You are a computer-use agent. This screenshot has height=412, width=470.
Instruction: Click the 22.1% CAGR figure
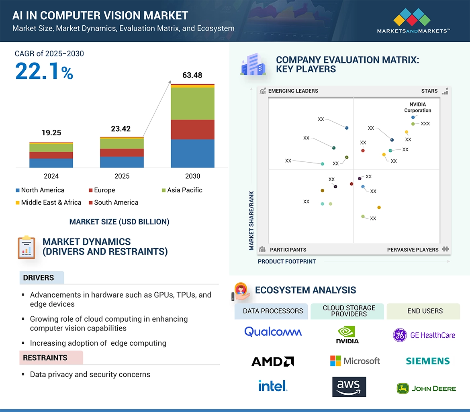click(x=44, y=71)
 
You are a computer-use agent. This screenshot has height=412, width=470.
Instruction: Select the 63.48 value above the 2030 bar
click(x=192, y=75)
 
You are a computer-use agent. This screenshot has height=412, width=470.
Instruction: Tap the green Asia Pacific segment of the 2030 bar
click(x=192, y=103)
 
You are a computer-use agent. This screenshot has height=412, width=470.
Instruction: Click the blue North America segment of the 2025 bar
click(x=122, y=162)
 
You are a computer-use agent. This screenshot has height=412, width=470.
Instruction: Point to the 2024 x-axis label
click(x=51, y=176)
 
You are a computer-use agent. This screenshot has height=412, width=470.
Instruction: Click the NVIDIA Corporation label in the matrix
click(x=417, y=107)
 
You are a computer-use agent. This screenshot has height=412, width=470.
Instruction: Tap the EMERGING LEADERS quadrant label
click(x=293, y=91)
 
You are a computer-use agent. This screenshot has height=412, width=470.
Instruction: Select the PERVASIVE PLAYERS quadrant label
click(x=413, y=249)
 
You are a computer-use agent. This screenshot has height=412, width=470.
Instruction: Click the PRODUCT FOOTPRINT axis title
click(x=286, y=261)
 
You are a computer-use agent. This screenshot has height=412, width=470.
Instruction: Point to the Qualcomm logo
click(x=273, y=332)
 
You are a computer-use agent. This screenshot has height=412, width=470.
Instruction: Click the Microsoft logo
click(x=355, y=361)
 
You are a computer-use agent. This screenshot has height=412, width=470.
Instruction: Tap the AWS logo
click(x=349, y=387)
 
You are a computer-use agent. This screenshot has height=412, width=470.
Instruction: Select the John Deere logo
click(x=426, y=388)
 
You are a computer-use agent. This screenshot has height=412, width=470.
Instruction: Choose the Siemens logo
click(x=427, y=361)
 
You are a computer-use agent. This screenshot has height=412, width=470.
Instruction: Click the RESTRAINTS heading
click(x=45, y=357)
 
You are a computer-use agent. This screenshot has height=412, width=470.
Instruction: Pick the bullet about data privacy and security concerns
click(x=90, y=374)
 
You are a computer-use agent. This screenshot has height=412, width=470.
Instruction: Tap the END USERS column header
click(x=425, y=311)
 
